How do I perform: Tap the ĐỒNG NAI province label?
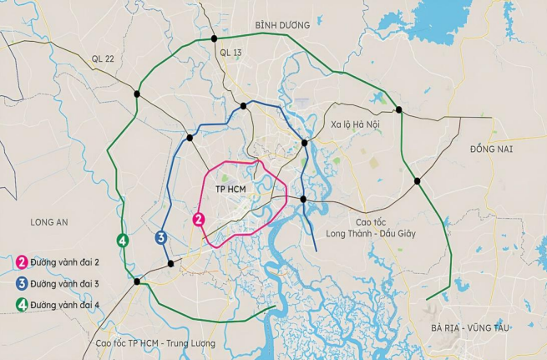tap(491, 149)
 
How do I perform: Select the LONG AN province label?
tap(48, 222)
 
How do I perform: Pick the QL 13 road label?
tap(230, 53)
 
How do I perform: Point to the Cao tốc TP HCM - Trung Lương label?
tap(155, 343)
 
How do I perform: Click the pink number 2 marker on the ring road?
tap(199, 219)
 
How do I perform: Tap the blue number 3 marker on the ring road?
tap(161, 238)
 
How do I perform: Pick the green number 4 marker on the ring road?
tap(123, 241)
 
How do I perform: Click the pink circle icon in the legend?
tap(21, 262)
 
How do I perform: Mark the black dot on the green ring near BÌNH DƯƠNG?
tap(215, 38)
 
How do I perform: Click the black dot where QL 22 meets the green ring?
tap(137, 94)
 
